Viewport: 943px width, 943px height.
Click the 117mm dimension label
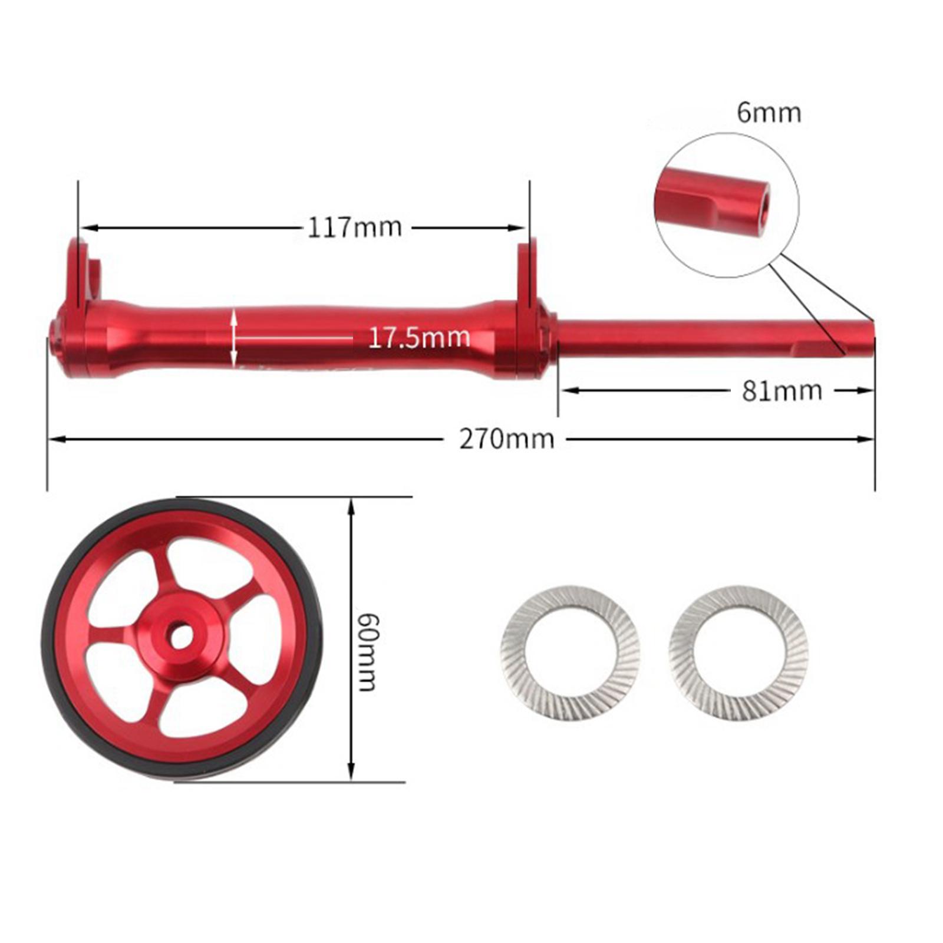point(354,227)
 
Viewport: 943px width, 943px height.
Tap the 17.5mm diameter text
point(418,338)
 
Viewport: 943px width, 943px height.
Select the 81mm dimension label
point(782,390)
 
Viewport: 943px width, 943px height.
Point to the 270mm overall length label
point(507,439)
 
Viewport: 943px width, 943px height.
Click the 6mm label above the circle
point(769,112)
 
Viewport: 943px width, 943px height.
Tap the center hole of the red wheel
point(181,636)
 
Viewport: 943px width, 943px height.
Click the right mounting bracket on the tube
point(528,271)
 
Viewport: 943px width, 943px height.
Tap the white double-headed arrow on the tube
point(235,338)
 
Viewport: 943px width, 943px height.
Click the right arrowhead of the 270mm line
point(868,438)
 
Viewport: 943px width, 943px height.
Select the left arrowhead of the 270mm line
point(55,438)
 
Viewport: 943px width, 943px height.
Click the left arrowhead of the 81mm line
point(566,390)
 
